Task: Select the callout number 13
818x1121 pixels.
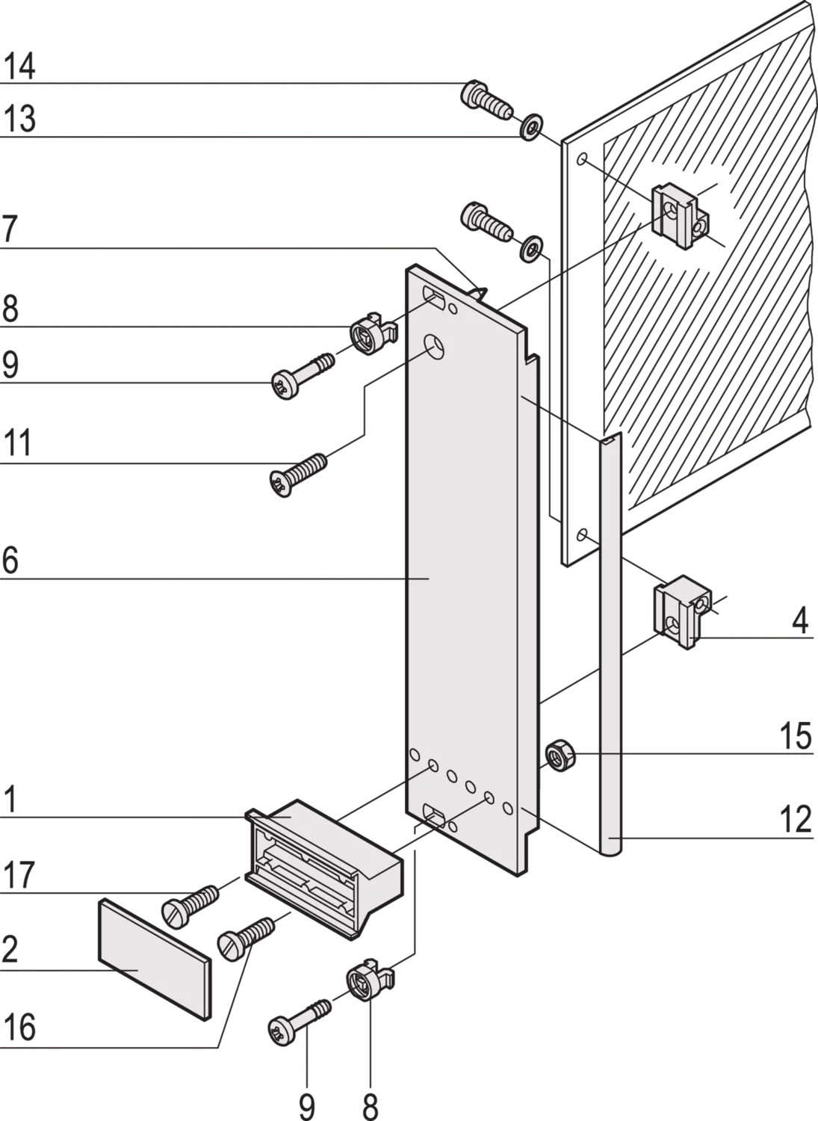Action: pyautogui.click(x=19, y=119)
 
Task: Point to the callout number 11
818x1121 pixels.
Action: pyautogui.click(x=17, y=442)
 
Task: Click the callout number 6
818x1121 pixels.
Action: pyautogui.click(x=10, y=560)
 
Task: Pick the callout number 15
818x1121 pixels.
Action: pyautogui.click(x=795, y=736)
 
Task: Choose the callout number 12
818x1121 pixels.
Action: pyautogui.click(x=795, y=819)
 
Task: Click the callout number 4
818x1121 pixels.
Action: pyautogui.click(x=801, y=621)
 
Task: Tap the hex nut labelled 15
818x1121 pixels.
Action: pyautogui.click(x=560, y=755)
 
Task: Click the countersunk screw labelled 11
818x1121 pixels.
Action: pyautogui.click(x=298, y=475)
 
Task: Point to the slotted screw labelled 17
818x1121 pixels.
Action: pyautogui.click(x=190, y=905)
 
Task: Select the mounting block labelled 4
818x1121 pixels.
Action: pyautogui.click(x=683, y=611)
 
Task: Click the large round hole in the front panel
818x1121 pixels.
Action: pyautogui.click(x=434, y=348)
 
